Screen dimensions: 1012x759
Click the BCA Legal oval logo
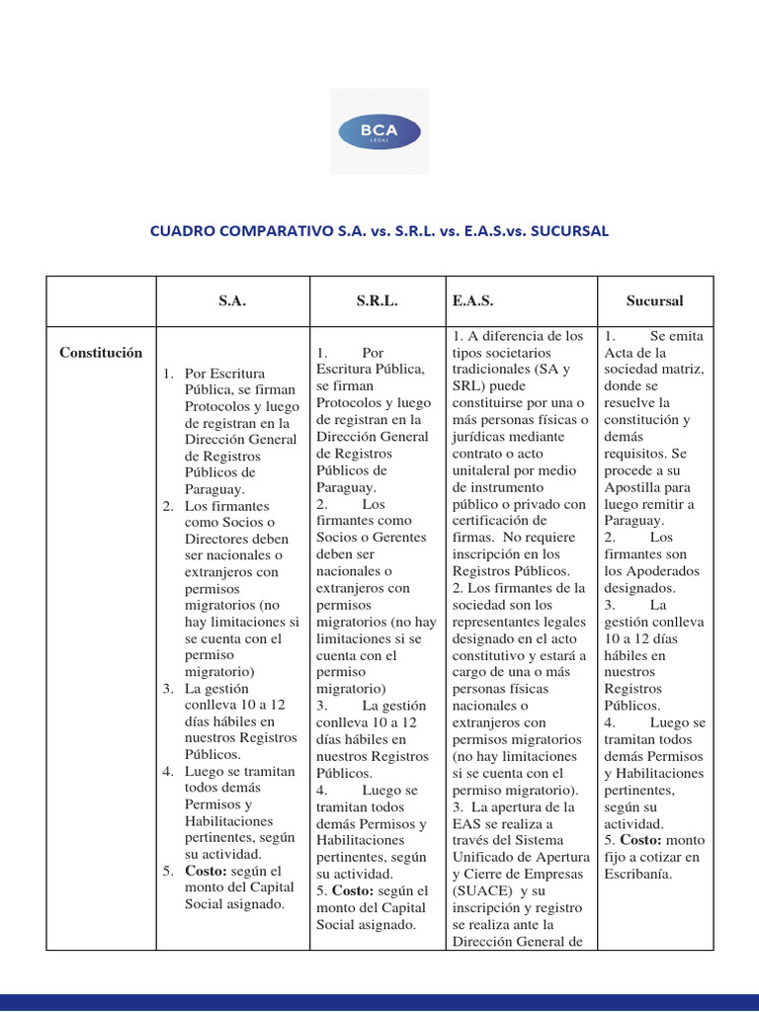pos(379,131)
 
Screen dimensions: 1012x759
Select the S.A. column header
pos(232,301)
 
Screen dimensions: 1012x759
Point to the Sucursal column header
pos(654,301)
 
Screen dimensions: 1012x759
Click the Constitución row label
pos(101,353)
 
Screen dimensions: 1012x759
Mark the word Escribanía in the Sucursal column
pos(639,874)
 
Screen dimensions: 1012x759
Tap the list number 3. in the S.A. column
pos(170,689)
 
